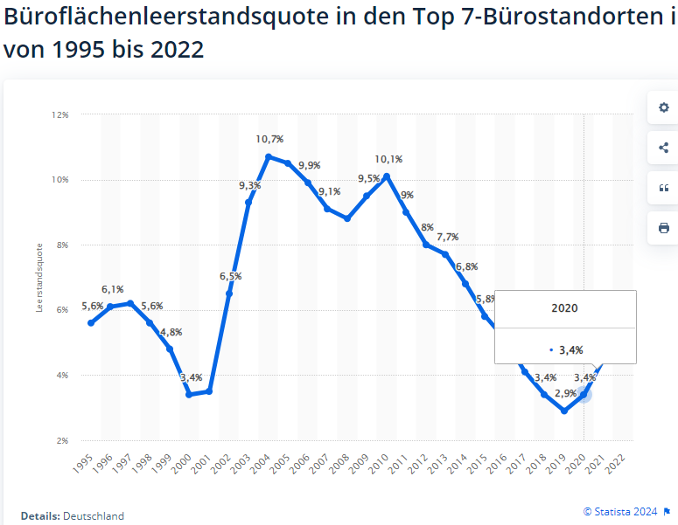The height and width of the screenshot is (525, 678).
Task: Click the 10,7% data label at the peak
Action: (x=269, y=139)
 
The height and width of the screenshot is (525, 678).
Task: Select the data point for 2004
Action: (x=269, y=157)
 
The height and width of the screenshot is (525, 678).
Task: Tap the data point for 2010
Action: (x=387, y=176)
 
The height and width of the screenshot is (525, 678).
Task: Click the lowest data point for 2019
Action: (x=564, y=411)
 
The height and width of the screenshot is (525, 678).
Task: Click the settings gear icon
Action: (x=663, y=108)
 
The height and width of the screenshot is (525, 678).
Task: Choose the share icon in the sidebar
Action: (x=663, y=148)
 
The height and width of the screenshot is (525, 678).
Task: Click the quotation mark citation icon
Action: (x=663, y=188)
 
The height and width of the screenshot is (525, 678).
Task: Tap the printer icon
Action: (x=663, y=228)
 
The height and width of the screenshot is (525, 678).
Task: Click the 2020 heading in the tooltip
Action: (x=564, y=308)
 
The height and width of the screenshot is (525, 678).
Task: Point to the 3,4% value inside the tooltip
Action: (x=571, y=349)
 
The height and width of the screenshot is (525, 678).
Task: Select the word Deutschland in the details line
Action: (x=94, y=516)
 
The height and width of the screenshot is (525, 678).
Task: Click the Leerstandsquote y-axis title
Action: (x=39, y=277)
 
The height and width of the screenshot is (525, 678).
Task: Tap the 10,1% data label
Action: (x=388, y=159)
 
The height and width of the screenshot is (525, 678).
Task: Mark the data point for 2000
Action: (x=190, y=395)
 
